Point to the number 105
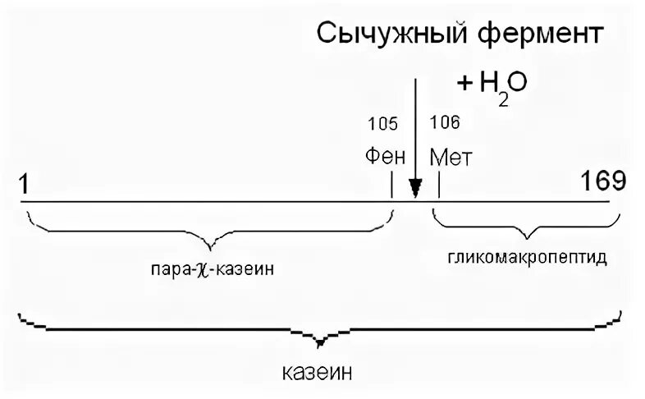(x=382, y=124)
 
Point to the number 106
(x=445, y=122)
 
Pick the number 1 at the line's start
(x=25, y=182)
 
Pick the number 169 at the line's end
(x=603, y=180)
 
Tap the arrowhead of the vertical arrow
(x=415, y=188)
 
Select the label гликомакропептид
(x=528, y=258)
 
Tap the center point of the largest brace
(x=322, y=338)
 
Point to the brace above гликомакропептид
(x=525, y=226)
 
